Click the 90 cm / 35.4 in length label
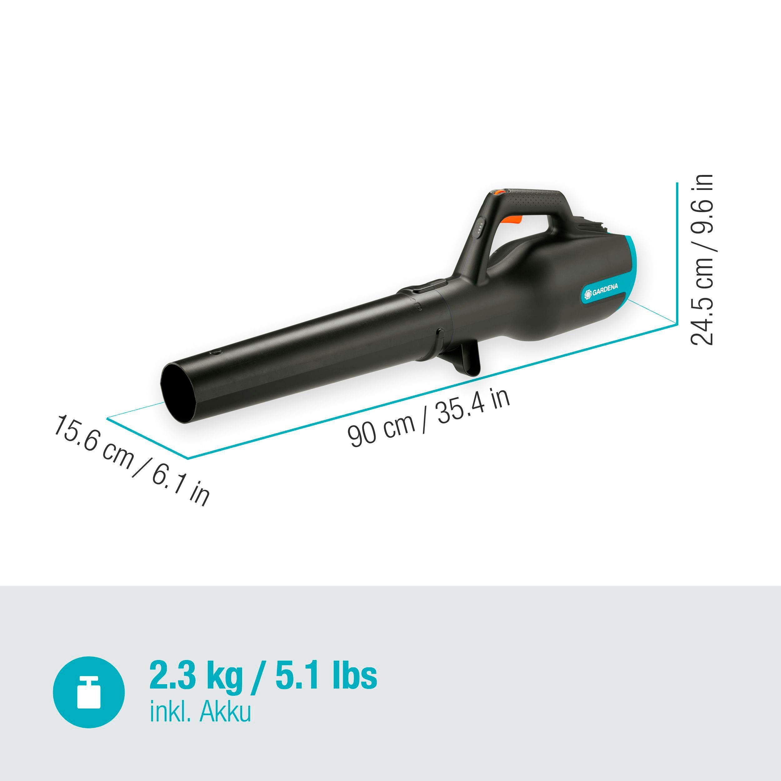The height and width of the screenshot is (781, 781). (429, 417)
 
